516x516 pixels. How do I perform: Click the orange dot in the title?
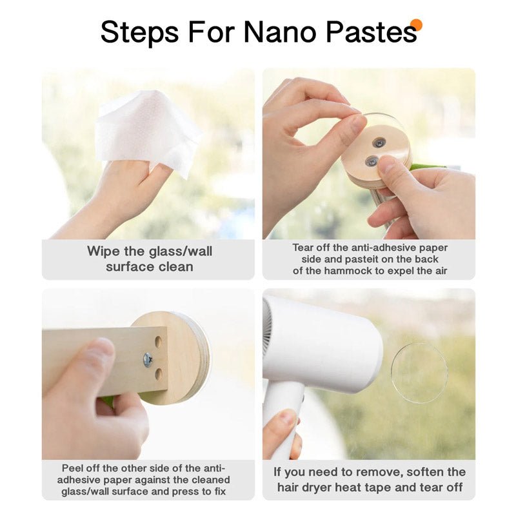(x=416, y=25)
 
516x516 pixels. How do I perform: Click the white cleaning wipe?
(x=148, y=132)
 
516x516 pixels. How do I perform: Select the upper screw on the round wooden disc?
(x=377, y=143)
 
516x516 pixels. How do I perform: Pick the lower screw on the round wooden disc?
(x=372, y=161)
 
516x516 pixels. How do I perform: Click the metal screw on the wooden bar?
(x=148, y=360)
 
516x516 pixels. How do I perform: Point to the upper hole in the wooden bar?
(x=158, y=342)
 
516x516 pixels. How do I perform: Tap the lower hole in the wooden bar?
(x=159, y=375)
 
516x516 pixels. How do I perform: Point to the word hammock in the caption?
(x=346, y=271)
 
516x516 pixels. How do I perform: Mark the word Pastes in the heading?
(x=372, y=32)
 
